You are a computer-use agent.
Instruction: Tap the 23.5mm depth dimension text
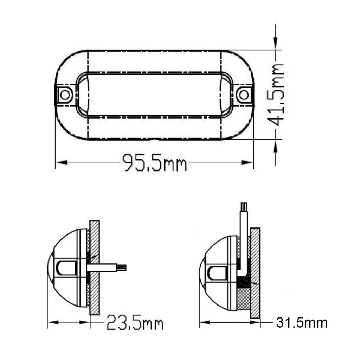click(x=135, y=322)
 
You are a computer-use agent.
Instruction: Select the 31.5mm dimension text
click(x=302, y=322)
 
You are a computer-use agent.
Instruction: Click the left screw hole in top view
click(x=65, y=94)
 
